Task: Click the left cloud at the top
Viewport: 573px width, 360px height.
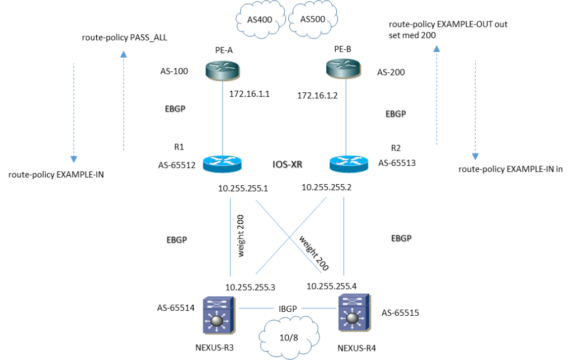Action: (260, 20)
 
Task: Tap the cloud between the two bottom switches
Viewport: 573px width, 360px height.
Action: (289, 336)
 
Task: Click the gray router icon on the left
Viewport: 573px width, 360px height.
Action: (222, 71)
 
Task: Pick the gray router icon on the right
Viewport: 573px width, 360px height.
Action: (344, 68)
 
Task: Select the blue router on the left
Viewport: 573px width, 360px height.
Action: (222, 163)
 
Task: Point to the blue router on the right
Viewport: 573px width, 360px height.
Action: (349, 163)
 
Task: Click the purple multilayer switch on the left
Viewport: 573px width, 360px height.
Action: (219, 315)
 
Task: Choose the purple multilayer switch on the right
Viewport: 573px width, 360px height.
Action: (354, 312)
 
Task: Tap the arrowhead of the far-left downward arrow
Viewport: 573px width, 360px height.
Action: (74, 160)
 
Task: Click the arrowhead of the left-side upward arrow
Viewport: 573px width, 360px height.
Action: (124, 54)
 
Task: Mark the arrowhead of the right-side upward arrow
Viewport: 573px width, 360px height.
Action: (436, 48)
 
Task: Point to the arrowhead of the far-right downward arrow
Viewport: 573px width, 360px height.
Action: (475, 157)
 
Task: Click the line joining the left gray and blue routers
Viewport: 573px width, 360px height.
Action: (223, 118)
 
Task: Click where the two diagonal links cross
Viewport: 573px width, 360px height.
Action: (289, 237)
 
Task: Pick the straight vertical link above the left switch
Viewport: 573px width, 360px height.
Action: (231, 236)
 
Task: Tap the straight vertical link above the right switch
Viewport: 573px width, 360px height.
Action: (343, 236)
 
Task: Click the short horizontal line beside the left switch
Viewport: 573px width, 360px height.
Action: (256, 308)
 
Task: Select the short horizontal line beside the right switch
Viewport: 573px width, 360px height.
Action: (319, 308)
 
